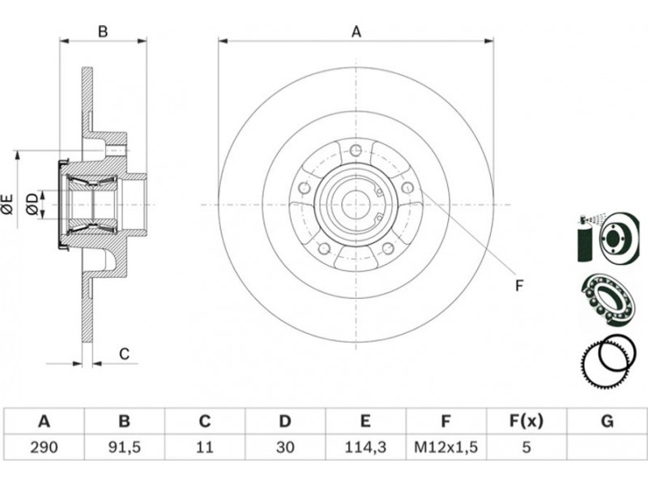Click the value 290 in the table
pos(45,446)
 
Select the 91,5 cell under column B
pos(124,446)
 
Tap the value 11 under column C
pos(204,446)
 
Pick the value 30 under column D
pos(284,446)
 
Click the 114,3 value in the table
pos(364,446)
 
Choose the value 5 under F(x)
pos(526,446)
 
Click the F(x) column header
pos(526,421)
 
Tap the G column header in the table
pos(607,421)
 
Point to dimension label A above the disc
pos(356,32)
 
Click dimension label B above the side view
pos(103,32)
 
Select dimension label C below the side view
pos(124,354)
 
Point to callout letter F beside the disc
pos(519,284)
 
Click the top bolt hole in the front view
pos(356,151)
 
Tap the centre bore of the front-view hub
pos(356,203)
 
